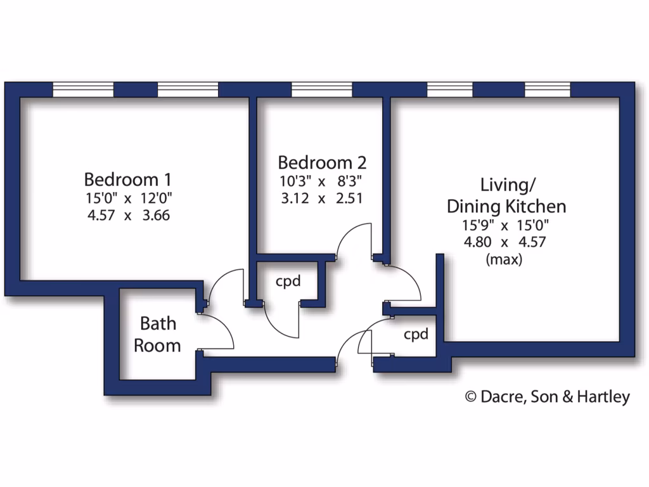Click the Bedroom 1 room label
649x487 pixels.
128,178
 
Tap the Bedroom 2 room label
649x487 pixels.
322,162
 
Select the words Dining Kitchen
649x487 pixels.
506,206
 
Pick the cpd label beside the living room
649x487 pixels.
416,334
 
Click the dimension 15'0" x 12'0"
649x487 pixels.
129,197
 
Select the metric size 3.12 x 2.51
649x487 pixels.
321,198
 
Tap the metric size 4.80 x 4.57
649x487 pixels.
504,242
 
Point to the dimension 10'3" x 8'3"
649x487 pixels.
321,181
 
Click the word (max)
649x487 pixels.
504,259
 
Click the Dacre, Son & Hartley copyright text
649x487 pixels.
548,397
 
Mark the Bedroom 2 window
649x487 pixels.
321,90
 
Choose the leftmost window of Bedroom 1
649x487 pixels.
83,90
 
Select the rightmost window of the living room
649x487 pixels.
548,90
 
